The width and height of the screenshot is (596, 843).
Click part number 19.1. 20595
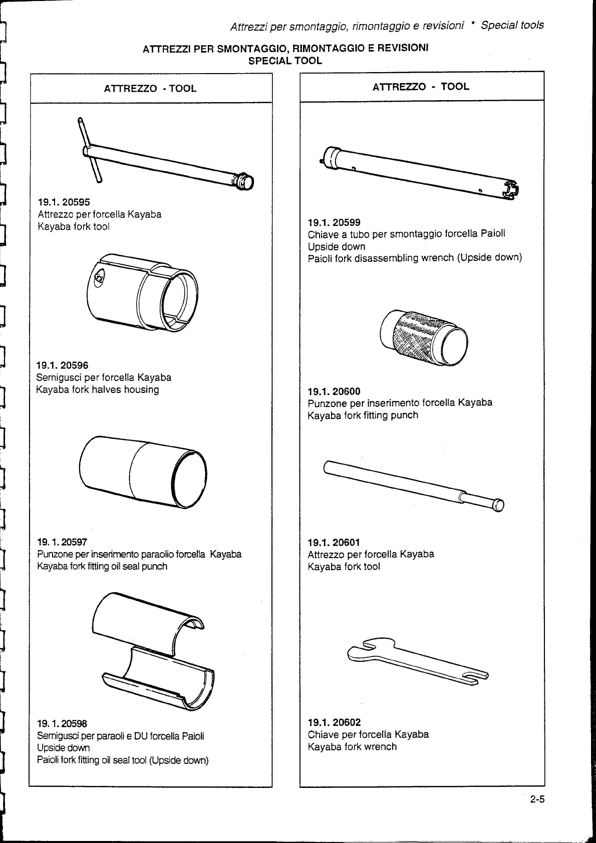click(x=64, y=202)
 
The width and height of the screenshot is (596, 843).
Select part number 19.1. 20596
click(x=62, y=365)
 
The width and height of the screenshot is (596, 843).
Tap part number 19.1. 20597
click(x=63, y=542)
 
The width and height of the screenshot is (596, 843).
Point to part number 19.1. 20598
click(x=62, y=723)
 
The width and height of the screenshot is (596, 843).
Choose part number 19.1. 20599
click(x=334, y=222)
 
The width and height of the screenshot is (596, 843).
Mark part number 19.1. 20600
click(x=334, y=391)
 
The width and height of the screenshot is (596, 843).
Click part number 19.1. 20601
click(x=334, y=542)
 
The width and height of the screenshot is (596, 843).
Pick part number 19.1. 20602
click(x=334, y=722)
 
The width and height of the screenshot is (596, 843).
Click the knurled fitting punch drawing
click(x=423, y=336)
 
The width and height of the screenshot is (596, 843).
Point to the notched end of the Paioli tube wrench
click(x=511, y=189)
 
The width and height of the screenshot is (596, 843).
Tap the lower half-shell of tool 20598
click(x=160, y=676)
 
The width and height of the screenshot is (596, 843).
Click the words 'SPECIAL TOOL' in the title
click(x=285, y=61)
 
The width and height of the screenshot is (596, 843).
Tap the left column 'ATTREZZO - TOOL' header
click(x=150, y=89)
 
